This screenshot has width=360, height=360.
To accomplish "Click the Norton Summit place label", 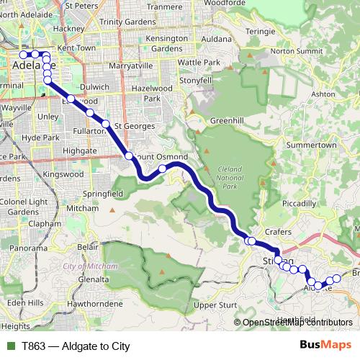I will click(294, 51).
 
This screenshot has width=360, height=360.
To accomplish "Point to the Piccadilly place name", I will click(299, 204).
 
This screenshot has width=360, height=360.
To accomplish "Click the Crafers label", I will click(278, 232).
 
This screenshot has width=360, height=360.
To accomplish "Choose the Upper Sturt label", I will click(216, 305).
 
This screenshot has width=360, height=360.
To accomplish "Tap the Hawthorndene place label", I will click(94, 304).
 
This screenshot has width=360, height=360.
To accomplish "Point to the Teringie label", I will click(261, 32).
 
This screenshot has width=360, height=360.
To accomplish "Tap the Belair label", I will click(87, 246).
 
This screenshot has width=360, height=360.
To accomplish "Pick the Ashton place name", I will click(323, 94).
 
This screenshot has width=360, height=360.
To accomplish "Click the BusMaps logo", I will click(325, 346).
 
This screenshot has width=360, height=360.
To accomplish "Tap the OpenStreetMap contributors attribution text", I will click(297, 323).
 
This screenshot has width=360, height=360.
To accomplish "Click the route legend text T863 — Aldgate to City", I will click(76, 346).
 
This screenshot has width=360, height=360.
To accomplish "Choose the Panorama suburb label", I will click(28, 248).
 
